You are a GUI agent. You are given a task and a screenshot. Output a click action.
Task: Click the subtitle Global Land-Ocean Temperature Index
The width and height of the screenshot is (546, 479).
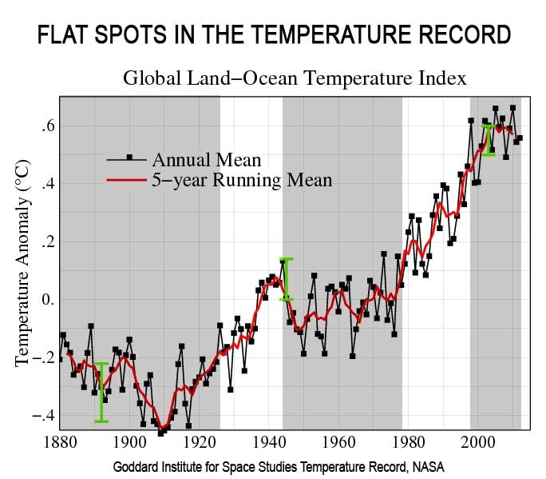(294, 78)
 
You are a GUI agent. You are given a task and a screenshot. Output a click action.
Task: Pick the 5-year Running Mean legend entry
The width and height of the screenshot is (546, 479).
(242, 179)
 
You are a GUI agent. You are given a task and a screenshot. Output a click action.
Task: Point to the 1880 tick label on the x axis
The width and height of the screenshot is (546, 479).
(59, 443)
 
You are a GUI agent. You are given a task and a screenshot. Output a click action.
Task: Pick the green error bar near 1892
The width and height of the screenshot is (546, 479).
(101, 392)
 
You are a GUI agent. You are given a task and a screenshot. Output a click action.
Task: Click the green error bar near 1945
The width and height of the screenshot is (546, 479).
(286, 278)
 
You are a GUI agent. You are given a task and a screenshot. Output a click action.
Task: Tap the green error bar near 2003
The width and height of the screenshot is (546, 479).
(489, 140)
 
